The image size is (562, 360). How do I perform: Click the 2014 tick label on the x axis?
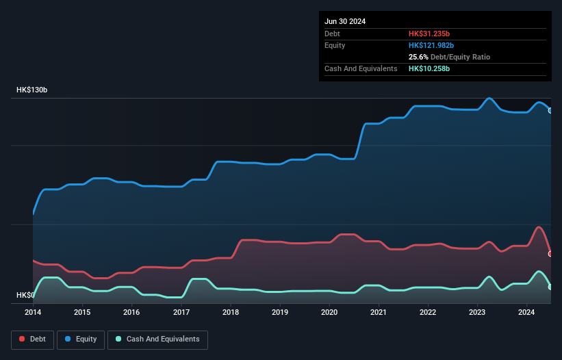pos(33,312)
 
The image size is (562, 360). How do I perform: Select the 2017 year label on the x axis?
pos(181,312)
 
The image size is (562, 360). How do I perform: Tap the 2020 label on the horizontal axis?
pos(329,312)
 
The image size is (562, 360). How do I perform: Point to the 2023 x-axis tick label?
pos(477,312)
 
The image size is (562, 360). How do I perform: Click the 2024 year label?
pos(526,312)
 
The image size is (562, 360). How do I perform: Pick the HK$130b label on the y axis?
pos(32,90)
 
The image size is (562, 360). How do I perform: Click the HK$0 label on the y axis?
pos(25,295)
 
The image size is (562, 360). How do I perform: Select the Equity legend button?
pos(81,339)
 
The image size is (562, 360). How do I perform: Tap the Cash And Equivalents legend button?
pos(157,339)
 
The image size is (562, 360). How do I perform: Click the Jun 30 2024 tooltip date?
pos(345,21)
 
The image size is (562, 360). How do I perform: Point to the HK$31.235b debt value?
pos(429,34)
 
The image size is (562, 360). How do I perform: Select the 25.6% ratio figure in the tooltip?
pos(420,57)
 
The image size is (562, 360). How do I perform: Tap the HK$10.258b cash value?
pos(429,68)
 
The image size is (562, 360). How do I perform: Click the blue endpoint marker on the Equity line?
pos(550,110)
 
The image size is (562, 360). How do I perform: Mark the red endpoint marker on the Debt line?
pos(550,254)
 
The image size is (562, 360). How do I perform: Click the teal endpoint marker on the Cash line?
pos(550,287)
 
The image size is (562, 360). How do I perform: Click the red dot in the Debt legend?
pos(22,339)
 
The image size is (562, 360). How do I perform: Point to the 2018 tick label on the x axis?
pos(231,312)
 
